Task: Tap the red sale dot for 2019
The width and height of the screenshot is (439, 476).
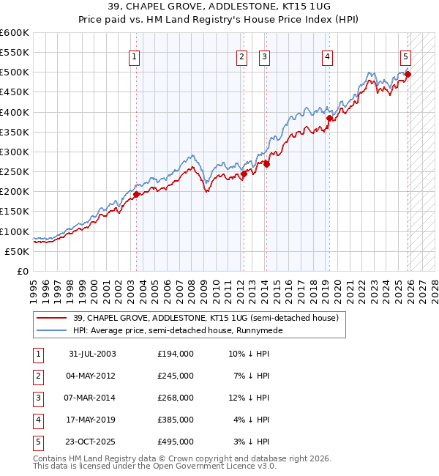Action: (x=329, y=118)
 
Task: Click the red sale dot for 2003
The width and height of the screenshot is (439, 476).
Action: (x=136, y=194)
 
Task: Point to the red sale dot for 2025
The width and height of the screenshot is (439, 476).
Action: (x=408, y=74)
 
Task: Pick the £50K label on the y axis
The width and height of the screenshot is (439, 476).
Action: (x=17, y=251)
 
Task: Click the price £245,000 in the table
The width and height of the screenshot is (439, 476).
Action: (x=175, y=375)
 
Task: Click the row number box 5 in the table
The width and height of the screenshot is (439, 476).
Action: (x=37, y=441)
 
